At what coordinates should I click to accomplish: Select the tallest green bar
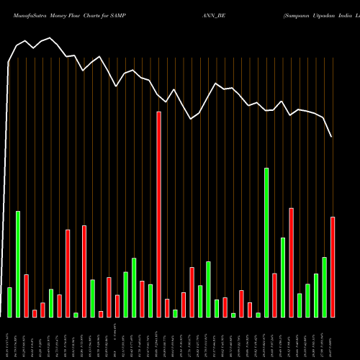[x=266, y=243]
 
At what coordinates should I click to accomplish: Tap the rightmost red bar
[x=333, y=266]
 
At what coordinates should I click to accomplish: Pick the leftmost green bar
[x=9, y=302]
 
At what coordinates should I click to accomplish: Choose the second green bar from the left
[x=18, y=264]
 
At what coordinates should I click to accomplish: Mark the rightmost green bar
[x=325, y=287]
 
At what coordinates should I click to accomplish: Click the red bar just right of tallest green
[x=275, y=295]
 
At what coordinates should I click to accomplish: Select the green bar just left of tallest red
[x=150, y=300]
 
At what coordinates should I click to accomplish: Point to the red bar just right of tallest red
[x=167, y=307]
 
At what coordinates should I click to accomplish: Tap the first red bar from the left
[x=26, y=295]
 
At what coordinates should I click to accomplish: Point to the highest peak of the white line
[x=50, y=38]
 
